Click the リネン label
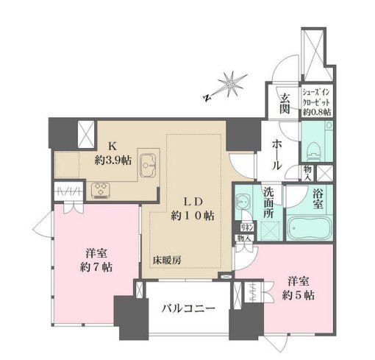point(245,227)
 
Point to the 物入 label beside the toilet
point(307,172)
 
